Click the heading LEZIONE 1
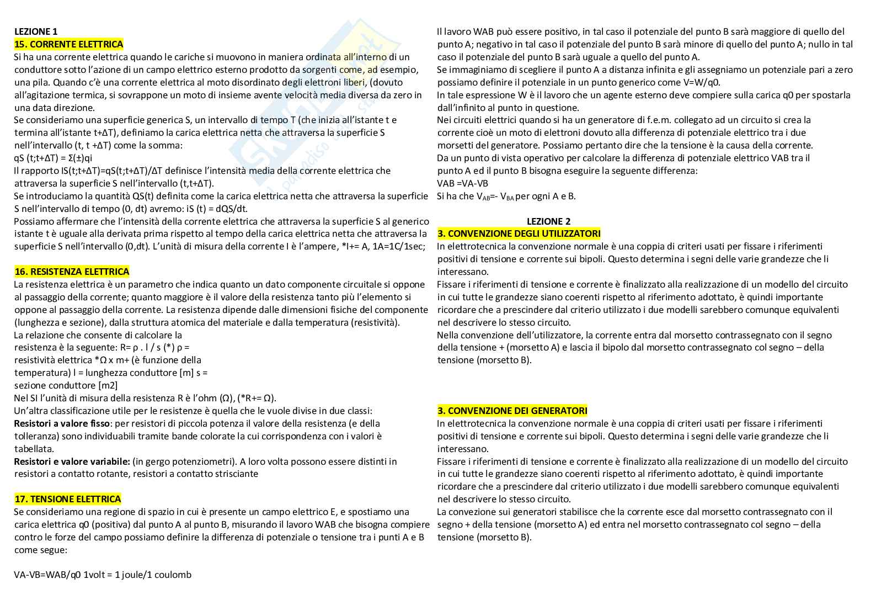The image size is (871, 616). point(36,31)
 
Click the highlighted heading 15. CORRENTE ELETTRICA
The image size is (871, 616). point(68,44)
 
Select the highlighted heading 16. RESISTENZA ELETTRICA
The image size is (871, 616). point(72,272)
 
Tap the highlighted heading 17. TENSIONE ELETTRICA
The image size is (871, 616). point(67,499)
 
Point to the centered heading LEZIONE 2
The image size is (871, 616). point(548,221)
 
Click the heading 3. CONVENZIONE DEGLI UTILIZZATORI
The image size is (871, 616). point(519,234)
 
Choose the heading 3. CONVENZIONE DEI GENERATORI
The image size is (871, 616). point(512,411)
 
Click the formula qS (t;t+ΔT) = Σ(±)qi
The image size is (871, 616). point(53,158)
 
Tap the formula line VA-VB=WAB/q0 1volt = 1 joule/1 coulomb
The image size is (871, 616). point(103,575)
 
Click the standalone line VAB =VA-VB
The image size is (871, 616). point(462,183)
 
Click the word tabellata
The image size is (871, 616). point(34,449)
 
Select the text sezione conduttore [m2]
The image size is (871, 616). point(66,385)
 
